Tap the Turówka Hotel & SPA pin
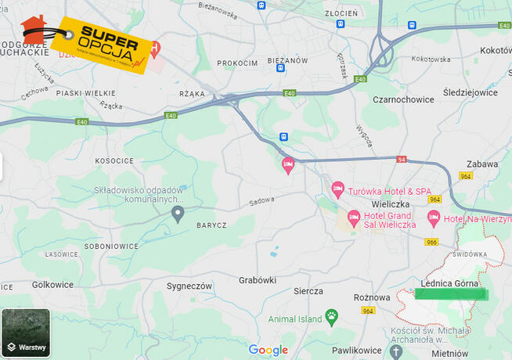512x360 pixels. pos(338,189)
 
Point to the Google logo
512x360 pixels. pos(268,350)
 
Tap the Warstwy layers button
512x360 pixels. pos(26,333)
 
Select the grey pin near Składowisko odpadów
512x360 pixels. pos(178,213)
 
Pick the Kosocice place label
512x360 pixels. pos(114,160)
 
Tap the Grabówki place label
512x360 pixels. pos(258,279)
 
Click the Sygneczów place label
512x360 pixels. pos(189,286)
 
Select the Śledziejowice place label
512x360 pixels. pos(470,92)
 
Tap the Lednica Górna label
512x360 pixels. pos(449,283)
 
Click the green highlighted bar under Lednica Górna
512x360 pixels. pos(449,294)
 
